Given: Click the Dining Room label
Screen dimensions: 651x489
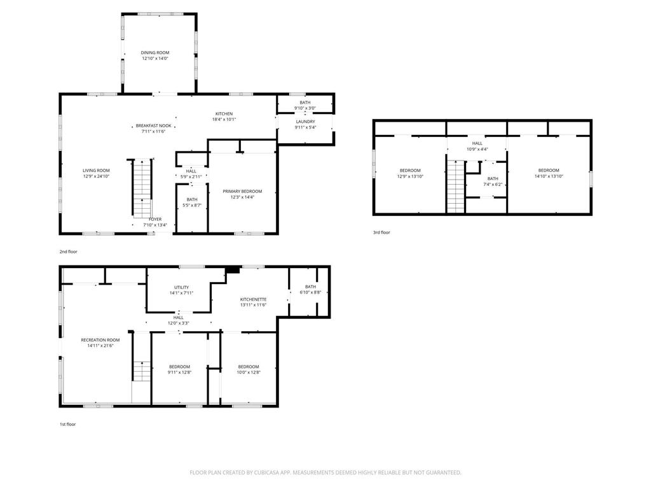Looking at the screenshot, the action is click(x=155, y=53).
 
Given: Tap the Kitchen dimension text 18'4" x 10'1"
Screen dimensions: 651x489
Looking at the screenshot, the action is click(x=224, y=119).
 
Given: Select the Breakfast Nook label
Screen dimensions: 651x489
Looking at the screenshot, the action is click(x=154, y=125).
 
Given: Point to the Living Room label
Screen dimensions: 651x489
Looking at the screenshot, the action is click(x=96, y=171).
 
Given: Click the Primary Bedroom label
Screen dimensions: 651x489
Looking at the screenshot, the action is click(x=242, y=191).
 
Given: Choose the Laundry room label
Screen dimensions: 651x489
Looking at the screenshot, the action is click(x=306, y=122).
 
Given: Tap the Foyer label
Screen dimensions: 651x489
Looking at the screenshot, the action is click(x=155, y=219).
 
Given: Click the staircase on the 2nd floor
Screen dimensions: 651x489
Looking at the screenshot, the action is click(x=142, y=188).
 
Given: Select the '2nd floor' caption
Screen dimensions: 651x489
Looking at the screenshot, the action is click(x=69, y=252).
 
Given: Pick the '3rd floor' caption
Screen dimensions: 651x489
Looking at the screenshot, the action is click(x=381, y=232).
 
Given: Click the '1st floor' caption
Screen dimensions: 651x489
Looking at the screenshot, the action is click(x=67, y=424).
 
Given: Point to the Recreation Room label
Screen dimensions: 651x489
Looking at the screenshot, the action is click(x=100, y=340).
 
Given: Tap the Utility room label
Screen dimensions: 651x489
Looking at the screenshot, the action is click(x=181, y=287).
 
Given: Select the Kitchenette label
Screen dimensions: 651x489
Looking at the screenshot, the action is click(x=253, y=299).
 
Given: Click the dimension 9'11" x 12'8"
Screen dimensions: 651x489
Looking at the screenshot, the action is click(x=179, y=372).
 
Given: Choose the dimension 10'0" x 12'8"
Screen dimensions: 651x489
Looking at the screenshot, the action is click(x=249, y=372).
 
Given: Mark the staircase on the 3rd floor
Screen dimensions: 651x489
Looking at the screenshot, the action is click(x=455, y=187).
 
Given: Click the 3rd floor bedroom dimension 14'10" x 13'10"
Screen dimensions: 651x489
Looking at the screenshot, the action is click(x=549, y=176).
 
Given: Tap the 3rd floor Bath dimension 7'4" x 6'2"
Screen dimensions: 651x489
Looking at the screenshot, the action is click(x=493, y=184).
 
